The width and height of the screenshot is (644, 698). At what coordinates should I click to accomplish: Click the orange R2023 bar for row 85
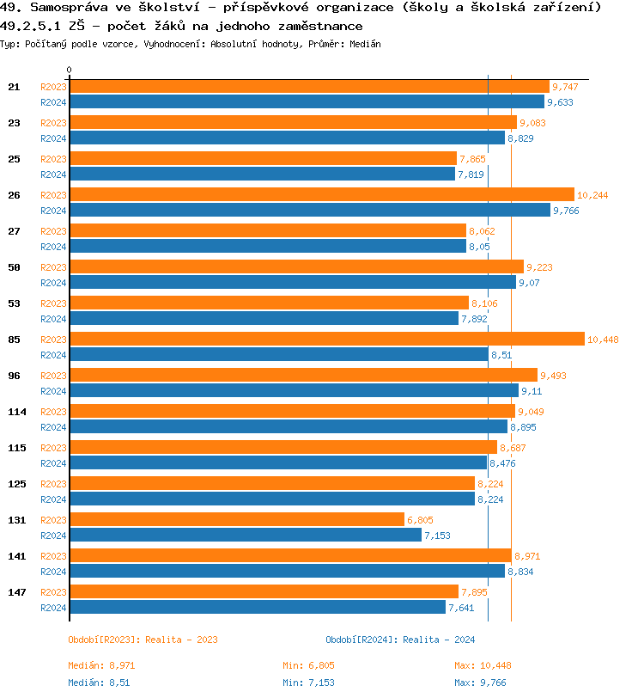326,340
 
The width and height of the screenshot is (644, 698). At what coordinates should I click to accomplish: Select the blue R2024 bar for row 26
309,210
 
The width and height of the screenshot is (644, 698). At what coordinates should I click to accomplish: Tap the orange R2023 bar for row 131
236,520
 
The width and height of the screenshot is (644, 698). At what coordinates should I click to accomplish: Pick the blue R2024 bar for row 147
258,608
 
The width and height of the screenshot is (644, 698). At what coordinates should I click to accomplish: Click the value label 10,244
592,195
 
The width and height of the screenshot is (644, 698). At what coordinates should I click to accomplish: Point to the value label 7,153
436,536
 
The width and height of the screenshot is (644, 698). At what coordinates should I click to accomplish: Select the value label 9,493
554,376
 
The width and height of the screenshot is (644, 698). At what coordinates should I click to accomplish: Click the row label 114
16,412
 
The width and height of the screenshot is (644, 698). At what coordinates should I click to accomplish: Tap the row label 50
14,267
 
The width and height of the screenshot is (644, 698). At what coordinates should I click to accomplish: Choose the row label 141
16,556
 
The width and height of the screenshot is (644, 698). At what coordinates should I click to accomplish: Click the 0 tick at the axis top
70,70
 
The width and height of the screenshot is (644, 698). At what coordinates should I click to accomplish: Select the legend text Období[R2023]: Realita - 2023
143,640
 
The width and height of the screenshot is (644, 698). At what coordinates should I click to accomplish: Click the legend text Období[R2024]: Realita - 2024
400,640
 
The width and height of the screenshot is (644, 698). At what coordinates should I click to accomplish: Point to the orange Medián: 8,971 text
101,665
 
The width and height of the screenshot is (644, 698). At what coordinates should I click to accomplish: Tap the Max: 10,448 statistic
483,665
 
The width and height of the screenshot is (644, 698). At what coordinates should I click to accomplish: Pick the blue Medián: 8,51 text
99,683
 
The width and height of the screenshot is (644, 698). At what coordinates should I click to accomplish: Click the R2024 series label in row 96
53,391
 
